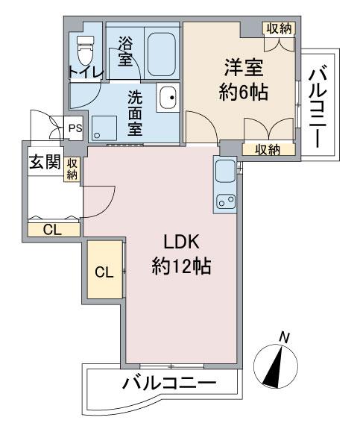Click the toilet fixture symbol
(85, 50)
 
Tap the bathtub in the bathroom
(162, 54)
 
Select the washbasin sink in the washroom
(168, 97)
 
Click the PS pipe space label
(75, 128)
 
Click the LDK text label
(181, 242)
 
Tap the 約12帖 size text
(181, 266)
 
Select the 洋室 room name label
(243, 68)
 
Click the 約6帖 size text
(243, 92)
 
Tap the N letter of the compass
(284, 338)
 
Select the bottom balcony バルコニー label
(169, 384)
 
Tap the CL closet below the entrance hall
(53, 230)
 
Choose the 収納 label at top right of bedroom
(280, 28)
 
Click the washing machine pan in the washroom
(104, 128)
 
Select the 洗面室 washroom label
(135, 113)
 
